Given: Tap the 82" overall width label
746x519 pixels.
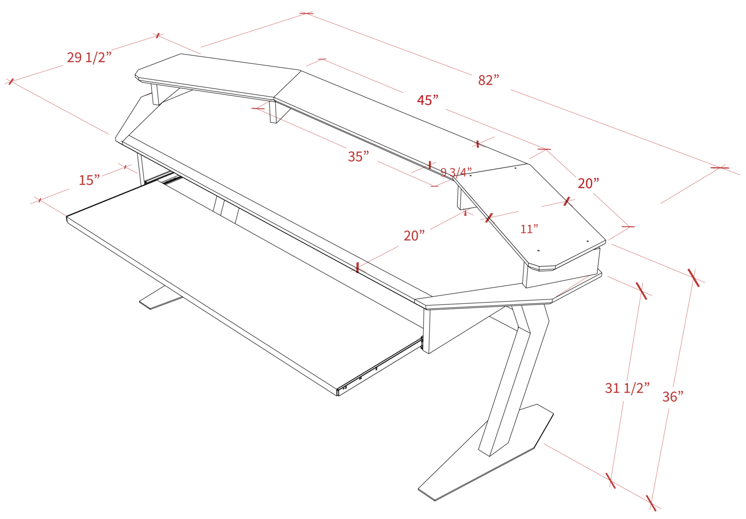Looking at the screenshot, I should point(488,80).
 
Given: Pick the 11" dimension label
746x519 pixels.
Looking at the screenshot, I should point(530,229).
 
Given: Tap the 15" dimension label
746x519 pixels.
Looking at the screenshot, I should point(90,179).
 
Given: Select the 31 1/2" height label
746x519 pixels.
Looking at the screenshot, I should point(625,388).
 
